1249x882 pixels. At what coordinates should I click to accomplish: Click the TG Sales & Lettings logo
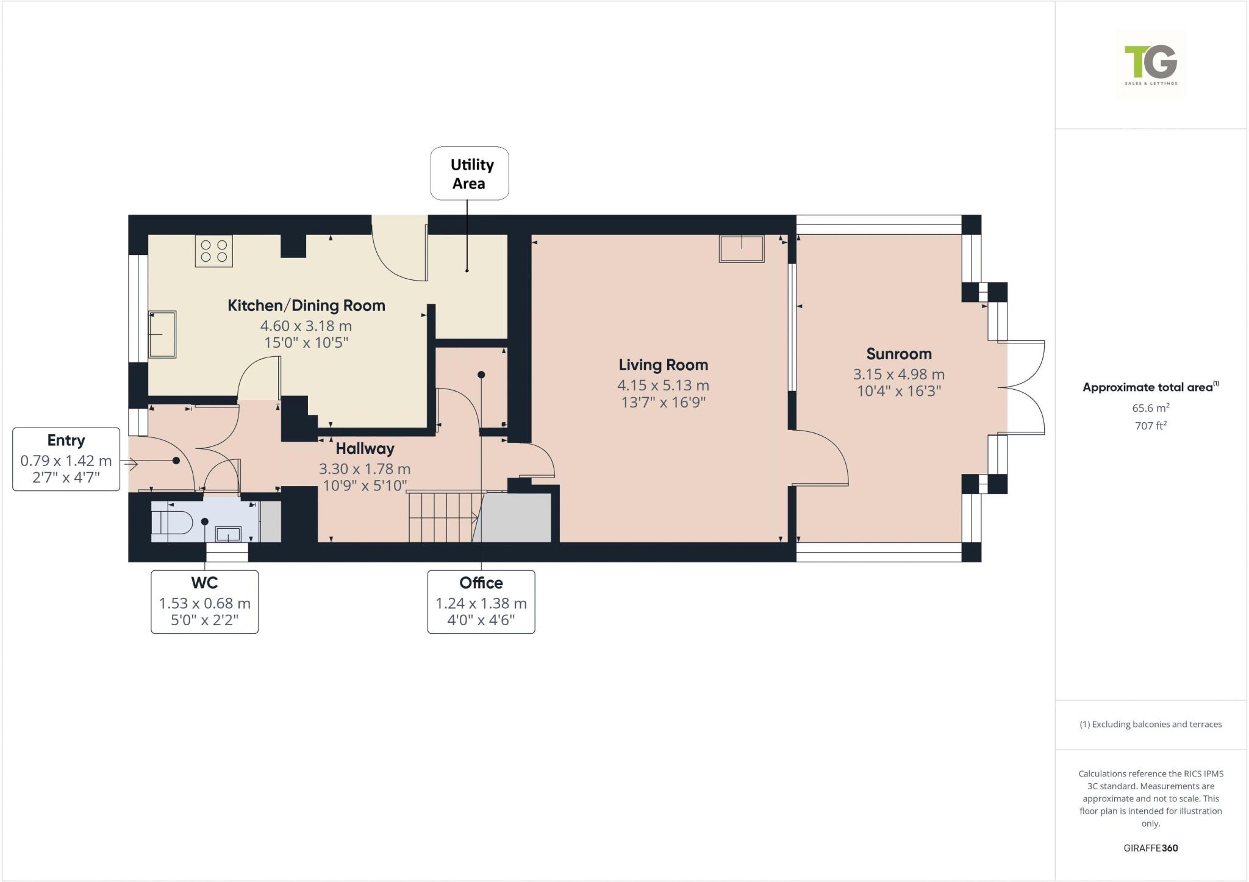pyautogui.click(x=1151, y=65)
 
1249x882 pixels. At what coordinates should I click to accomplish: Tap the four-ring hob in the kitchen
pyautogui.click(x=214, y=251)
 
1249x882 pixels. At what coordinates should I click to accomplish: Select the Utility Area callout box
pyautogui.click(x=470, y=173)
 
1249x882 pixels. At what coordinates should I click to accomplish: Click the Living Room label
pyautogui.click(x=663, y=365)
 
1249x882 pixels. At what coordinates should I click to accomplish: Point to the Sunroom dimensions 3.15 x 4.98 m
pyautogui.click(x=898, y=375)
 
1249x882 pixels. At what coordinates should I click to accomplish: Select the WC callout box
pyautogui.click(x=204, y=601)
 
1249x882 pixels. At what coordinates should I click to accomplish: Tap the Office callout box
pyautogui.click(x=481, y=601)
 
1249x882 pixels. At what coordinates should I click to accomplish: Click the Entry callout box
pyautogui.click(x=66, y=459)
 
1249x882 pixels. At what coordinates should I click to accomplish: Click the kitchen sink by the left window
pyautogui.click(x=162, y=334)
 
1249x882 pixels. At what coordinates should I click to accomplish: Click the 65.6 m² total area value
pyautogui.click(x=1150, y=408)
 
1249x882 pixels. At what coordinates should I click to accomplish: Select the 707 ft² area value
pyautogui.click(x=1150, y=426)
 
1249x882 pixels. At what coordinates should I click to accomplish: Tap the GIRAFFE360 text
pyautogui.click(x=1150, y=848)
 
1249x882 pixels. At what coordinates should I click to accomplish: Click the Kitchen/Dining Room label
pyautogui.click(x=306, y=306)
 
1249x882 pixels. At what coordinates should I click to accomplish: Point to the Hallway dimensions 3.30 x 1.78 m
pyautogui.click(x=364, y=469)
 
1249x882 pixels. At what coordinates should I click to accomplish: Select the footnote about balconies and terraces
pyautogui.click(x=1150, y=725)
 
